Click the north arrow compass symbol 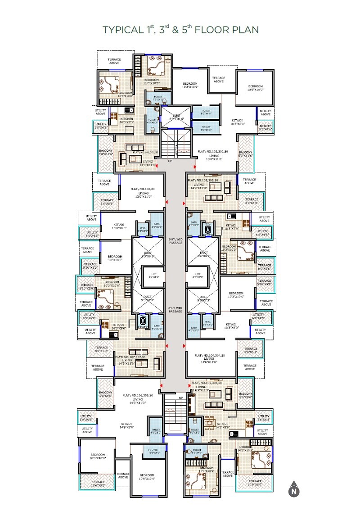pyautogui.click(x=294, y=489)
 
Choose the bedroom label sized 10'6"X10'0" pyautogui.click(x=255, y=88)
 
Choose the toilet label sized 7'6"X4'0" pyautogui.click(x=157, y=98)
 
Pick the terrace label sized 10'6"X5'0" pyautogui.click(x=98, y=483)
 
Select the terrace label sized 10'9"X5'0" pyautogui.click(x=255, y=483)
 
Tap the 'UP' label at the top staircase pyautogui.click(x=170, y=161)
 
